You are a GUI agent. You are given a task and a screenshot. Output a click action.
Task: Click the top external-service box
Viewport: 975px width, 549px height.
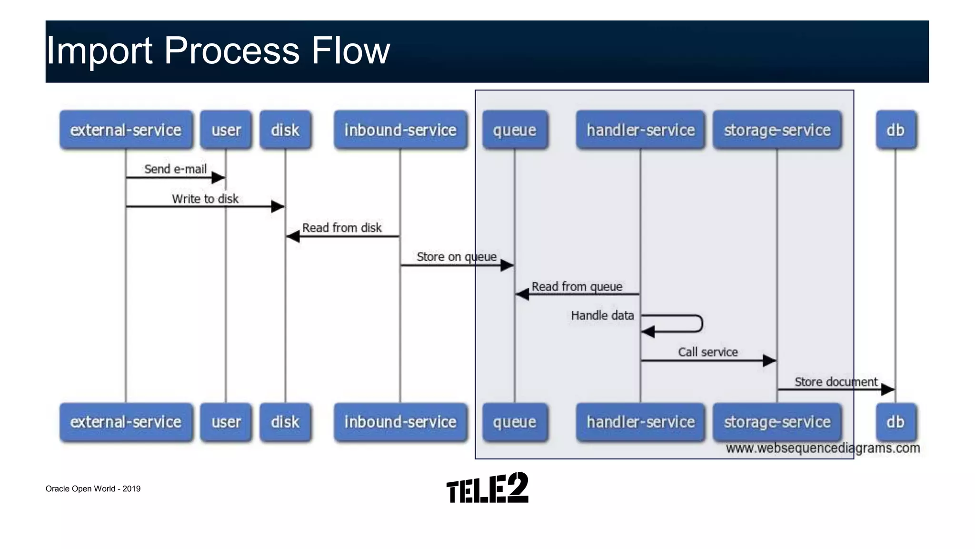click(126, 130)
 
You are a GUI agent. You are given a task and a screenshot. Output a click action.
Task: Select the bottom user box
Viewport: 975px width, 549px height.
click(226, 422)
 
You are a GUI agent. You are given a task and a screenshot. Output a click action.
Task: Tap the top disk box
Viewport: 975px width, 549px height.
click(285, 130)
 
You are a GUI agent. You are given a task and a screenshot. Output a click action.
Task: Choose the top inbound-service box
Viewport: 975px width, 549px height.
click(400, 130)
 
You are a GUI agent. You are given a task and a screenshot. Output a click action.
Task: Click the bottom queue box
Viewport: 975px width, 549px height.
click(515, 422)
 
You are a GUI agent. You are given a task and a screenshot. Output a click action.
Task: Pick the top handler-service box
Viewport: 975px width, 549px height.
click(640, 130)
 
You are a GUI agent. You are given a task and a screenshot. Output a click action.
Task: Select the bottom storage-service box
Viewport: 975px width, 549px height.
click(777, 422)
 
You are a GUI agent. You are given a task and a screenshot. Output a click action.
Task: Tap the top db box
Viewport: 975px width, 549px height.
click(895, 130)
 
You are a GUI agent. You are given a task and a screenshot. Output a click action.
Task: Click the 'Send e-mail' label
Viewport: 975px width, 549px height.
click(175, 169)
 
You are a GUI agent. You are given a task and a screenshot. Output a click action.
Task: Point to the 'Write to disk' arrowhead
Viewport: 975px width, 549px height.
click(278, 206)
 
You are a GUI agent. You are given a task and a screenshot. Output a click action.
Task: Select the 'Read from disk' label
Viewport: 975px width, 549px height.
click(342, 228)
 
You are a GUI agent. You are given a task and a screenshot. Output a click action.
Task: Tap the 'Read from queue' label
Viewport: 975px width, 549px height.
click(577, 286)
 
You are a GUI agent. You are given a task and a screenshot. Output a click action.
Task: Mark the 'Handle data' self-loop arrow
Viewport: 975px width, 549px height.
click(695, 324)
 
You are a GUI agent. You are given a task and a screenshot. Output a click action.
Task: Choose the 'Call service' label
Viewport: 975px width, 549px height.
click(707, 352)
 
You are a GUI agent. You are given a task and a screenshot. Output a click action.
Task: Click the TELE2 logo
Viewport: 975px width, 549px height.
click(487, 488)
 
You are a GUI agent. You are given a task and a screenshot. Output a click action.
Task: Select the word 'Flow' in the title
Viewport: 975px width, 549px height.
click(350, 51)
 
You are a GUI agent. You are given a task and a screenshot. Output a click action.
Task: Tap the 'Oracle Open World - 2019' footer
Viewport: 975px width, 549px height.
click(93, 488)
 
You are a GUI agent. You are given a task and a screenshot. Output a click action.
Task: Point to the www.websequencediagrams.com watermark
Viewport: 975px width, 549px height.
click(823, 448)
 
